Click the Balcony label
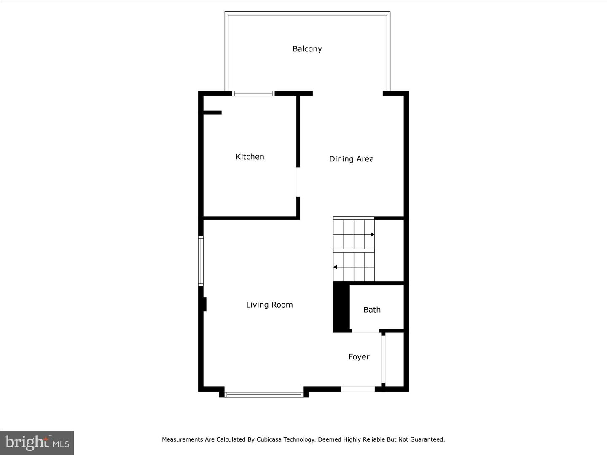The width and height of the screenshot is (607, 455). [307, 49]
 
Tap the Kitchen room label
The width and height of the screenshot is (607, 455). [250, 157]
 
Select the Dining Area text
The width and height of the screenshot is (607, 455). [351, 159]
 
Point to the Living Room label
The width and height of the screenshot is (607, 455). [269, 305]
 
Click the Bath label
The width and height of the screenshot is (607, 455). [372, 310]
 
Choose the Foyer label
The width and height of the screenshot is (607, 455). [359, 357]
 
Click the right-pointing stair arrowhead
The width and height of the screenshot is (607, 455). [372, 234]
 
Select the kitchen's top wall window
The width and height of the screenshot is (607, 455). [253, 94]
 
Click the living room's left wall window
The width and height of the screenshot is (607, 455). [201, 261]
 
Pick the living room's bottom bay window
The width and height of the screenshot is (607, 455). [264, 395]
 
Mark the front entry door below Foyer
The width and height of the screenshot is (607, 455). [358, 389]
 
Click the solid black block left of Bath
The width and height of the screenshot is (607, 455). [341, 307]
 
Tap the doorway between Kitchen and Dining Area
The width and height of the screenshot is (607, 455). [298, 182]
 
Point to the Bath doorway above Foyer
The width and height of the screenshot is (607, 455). [365, 332]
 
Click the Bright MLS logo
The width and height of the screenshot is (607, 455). [37, 442]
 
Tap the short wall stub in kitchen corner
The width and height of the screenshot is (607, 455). [212, 112]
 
